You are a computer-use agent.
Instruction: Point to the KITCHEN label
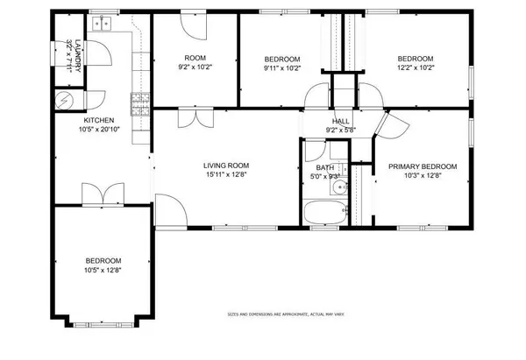[x=98, y=120]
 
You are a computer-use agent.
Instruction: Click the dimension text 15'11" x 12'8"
[x=227, y=173]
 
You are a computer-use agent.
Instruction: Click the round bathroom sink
[x=337, y=186]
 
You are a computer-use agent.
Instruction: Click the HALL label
[x=341, y=122]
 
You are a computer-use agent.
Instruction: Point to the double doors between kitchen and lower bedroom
[x=98, y=193]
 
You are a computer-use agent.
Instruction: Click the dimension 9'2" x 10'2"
[x=195, y=65]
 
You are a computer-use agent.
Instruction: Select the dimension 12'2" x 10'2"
[x=416, y=65]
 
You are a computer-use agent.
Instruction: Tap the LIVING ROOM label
[x=227, y=165]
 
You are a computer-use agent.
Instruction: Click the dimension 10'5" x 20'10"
[x=98, y=130]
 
